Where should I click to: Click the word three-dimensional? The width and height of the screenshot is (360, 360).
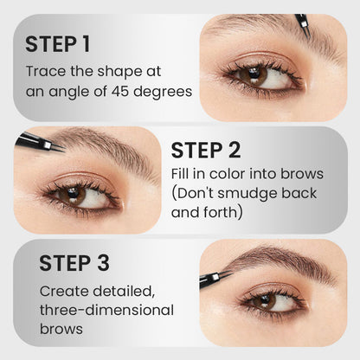[x=106, y=310]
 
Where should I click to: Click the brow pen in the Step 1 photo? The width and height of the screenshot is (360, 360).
[x=302, y=22]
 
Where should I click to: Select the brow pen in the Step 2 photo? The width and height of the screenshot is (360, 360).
[x=36, y=142]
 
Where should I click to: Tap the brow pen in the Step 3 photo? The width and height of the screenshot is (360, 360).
[x=214, y=278]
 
